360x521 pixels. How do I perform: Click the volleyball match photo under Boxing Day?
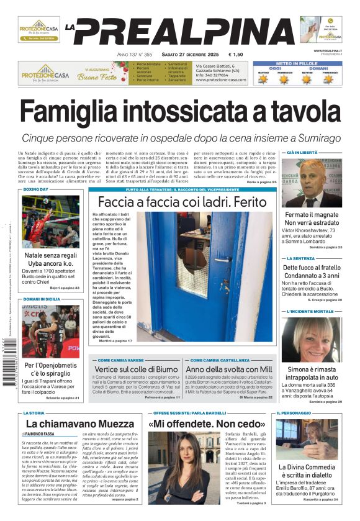coord(50,221)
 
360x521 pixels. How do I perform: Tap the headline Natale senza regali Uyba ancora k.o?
coord(50,260)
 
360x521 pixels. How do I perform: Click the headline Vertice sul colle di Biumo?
coord(136,369)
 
